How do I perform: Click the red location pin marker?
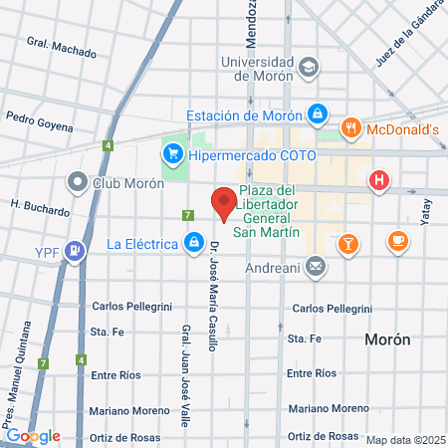click(224, 203)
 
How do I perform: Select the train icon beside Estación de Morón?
click(317, 114)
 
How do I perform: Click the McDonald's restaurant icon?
click(350, 128)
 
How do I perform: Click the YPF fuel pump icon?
click(73, 249)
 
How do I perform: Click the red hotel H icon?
click(378, 180)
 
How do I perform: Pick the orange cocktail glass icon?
click(347, 242)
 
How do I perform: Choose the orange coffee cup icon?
click(397, 241)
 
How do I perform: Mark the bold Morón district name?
click(387, 339)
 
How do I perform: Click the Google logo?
click(33, 436)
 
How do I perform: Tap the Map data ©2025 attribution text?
click(404, 440)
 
